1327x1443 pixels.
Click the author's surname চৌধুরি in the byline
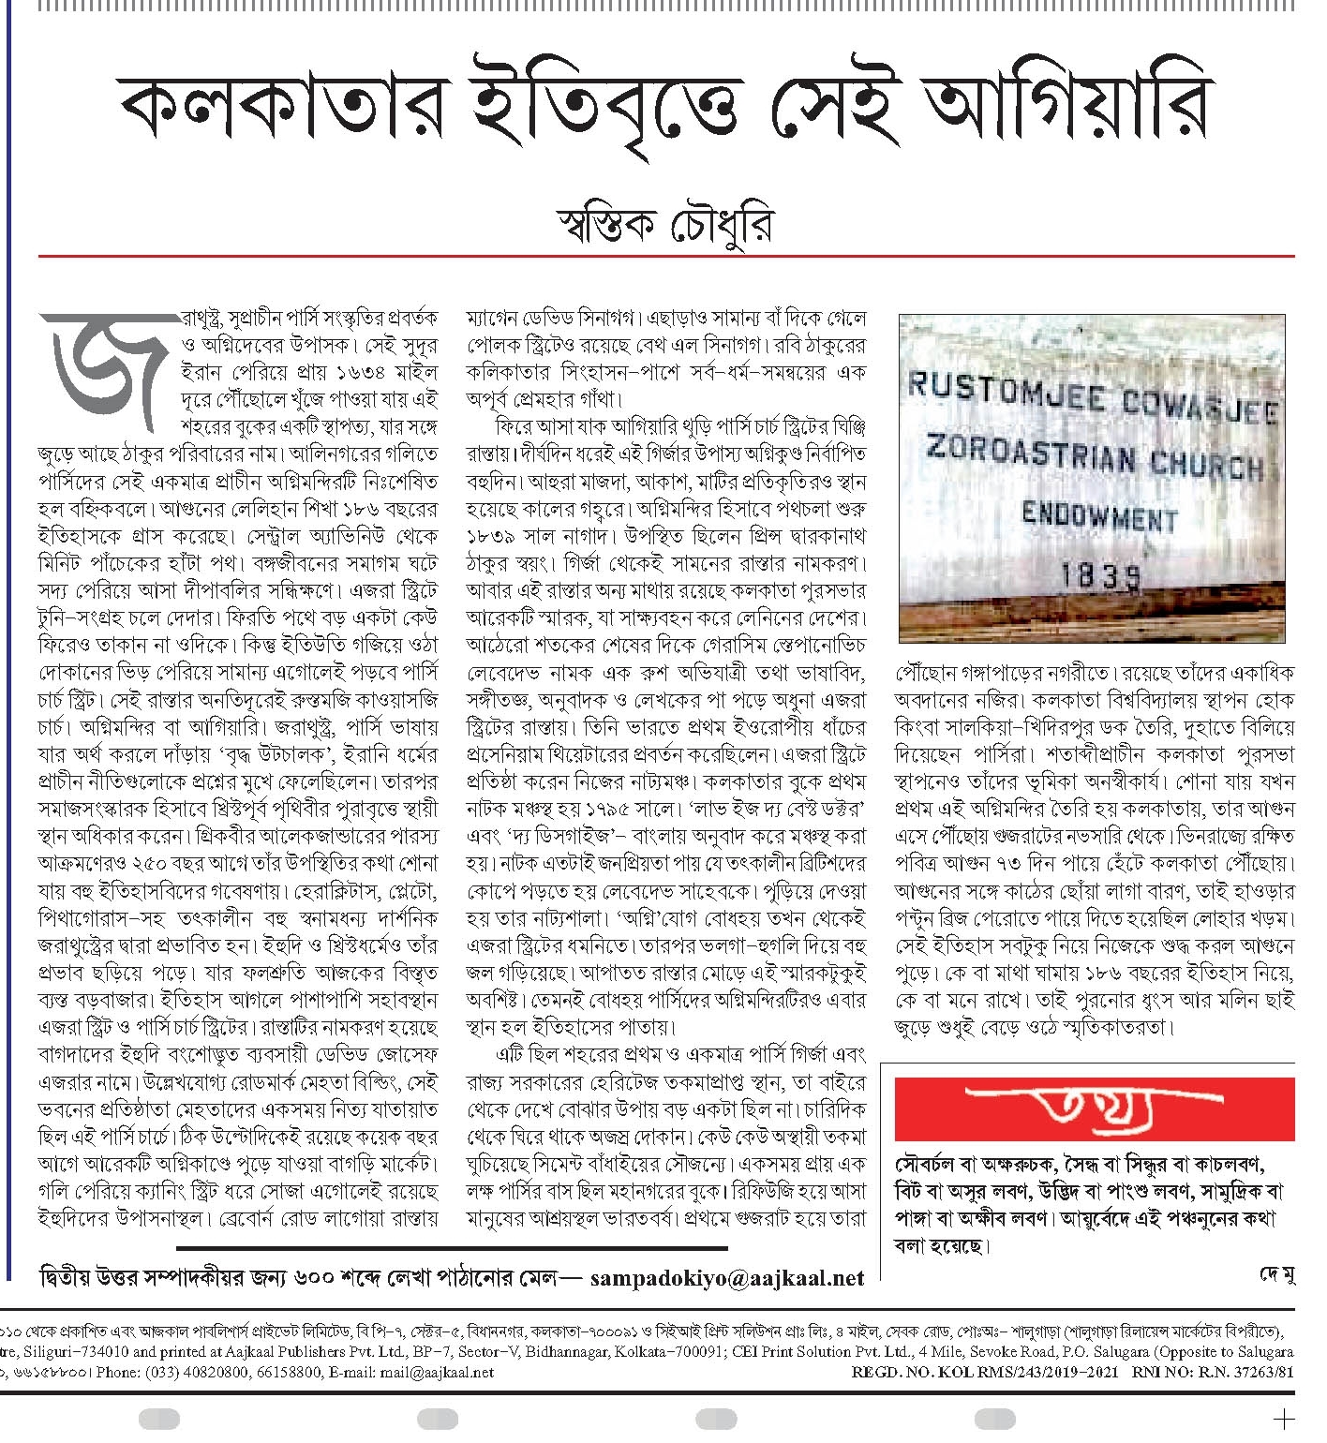point(720,226)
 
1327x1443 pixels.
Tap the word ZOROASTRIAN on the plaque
point(1031,454)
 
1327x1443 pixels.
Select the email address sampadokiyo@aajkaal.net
point(726,1277)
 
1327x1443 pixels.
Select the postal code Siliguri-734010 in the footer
point(70,1352)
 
